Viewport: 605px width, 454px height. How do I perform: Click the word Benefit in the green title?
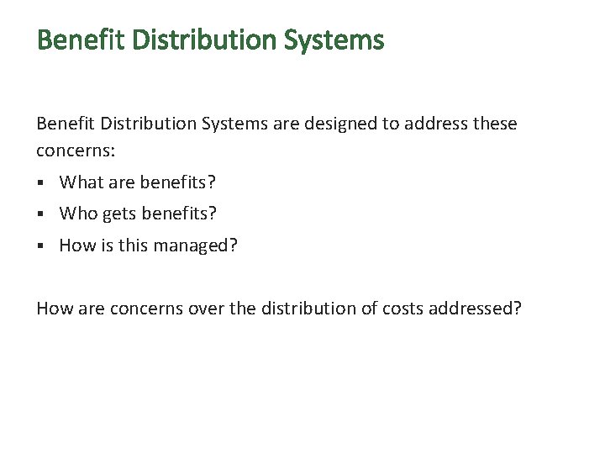(x=77, y=40)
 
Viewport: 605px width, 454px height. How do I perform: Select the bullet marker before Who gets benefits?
(x=40, y=215)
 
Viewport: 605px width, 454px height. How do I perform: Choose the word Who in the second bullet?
(x=79, y=214)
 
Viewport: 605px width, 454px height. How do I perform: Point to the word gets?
(x=119, y=215)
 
